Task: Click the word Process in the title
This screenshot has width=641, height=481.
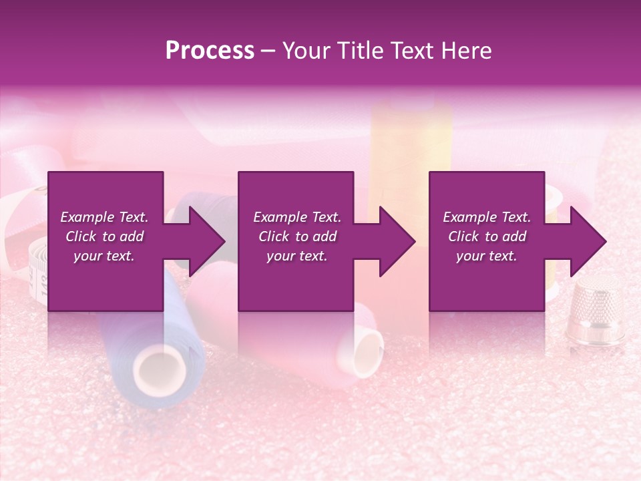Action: point(210,51)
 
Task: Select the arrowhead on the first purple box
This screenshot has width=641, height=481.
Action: point(200,241)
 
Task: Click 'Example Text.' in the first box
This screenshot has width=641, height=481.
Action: point(104,217)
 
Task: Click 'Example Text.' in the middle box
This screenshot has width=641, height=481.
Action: point(297,217)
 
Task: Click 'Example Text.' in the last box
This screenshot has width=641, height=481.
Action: point(487,217)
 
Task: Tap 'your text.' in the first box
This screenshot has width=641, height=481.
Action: point(104,256)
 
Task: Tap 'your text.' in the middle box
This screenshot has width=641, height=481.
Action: point(297,256)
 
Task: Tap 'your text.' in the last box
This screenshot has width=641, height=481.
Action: point(487,256)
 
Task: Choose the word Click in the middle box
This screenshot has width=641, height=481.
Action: point(274,236)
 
